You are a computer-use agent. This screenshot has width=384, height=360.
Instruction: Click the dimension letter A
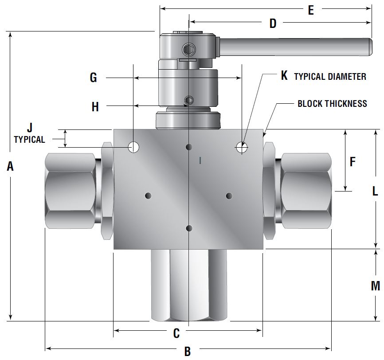tap(10, 166)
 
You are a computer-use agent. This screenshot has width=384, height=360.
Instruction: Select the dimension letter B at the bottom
tap(187, 352)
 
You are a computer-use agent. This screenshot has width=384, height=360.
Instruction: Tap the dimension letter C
tap(176, 333)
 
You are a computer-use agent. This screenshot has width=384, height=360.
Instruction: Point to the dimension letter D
tap(273, 23)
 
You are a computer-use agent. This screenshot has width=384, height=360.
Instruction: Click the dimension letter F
tap(353, 162)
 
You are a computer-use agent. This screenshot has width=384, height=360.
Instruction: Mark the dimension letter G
tap(93, 78)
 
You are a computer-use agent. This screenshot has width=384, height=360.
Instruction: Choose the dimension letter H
tap(95, 107)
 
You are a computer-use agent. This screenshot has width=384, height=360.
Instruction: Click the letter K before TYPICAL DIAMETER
tap(285, 76)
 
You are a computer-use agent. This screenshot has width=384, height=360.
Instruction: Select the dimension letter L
tap(375, 191)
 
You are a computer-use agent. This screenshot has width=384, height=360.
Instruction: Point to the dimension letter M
tap(375, 286)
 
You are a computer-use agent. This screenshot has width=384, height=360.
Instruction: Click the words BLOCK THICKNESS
tap(332, 104)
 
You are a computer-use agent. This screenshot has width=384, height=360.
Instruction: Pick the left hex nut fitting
tap(71, 191)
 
